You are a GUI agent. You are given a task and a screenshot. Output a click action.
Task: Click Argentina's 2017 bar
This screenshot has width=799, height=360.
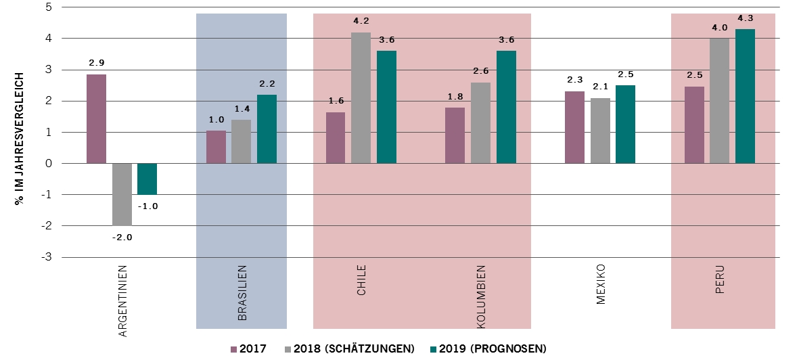[x=96, y=118]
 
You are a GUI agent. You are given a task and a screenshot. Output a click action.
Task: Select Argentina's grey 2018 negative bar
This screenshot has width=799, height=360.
[x=122, y=194]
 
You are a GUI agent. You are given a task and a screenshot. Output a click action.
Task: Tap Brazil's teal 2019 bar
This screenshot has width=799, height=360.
[x=267, y=129]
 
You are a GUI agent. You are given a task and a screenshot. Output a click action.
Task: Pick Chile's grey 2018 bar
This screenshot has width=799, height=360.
[x=361, y=97]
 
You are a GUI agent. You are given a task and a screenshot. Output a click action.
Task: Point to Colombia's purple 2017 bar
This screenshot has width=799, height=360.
[x=455, y=135]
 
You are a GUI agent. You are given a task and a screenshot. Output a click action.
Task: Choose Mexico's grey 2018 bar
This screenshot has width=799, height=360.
[x=600, y=131]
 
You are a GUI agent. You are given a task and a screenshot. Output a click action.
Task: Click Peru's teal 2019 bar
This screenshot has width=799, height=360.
[x=745, y=96]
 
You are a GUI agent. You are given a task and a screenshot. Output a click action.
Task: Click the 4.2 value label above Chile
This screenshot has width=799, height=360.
[x=361, y=22]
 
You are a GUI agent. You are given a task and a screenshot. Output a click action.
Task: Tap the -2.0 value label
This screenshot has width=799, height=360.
[x=122, y=237]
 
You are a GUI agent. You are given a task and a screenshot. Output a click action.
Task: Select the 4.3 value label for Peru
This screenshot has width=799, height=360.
[x=745, y=18]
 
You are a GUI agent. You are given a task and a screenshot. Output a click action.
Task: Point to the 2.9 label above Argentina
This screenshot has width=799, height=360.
[x=97, y=63]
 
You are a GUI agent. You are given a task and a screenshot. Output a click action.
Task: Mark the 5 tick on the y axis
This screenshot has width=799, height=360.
[x=48, y=7]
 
